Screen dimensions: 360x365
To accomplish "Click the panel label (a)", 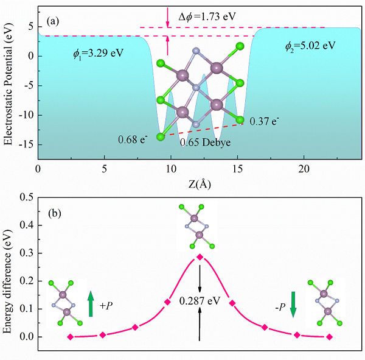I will tap(53, 21).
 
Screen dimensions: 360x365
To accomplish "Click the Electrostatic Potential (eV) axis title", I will tap(9, 85).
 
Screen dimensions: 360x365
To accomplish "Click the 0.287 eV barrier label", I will tap(200, 301).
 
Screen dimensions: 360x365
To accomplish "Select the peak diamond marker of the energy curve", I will tap(200, 256).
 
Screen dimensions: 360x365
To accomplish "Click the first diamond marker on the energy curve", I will tap(71, 337).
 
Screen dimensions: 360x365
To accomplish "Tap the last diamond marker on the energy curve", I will tap(329, 337).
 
